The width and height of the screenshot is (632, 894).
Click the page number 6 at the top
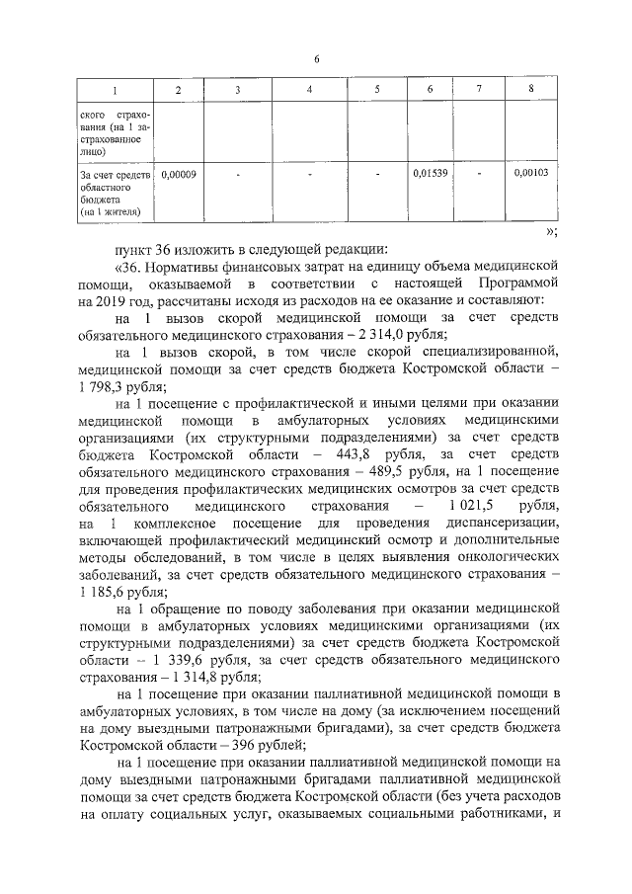click(x=316, y=59)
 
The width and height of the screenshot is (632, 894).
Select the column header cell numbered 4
click(x=310, y=91)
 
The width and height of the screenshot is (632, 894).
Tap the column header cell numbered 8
click(x=531, y=91)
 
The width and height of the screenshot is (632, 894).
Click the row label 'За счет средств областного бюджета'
click(x=114, y=193)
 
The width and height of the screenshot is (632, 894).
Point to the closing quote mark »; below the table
click(x=552, y=230)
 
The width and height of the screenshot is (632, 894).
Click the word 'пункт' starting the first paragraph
click(x=135, y=248)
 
